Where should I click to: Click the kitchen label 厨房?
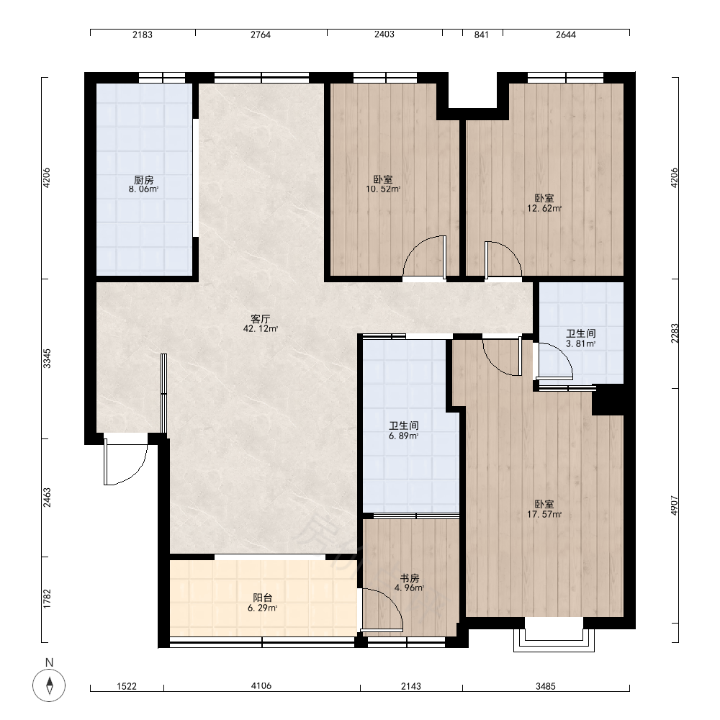[x=143, y=180]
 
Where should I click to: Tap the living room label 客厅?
[x=261, y=319]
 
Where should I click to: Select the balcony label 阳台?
[x=263, y=598]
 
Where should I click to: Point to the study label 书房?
[x=409, y=577]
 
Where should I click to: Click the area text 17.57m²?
[x=544, y=514]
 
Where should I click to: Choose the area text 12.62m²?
[x=544, y=209]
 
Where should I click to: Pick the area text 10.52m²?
[x=383, y=189]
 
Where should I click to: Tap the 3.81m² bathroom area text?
[x=581, y=343]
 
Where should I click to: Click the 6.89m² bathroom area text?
[x=404, y=436]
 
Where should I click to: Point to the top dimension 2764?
[x=261, y=35]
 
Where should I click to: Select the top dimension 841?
[x=481, y=35]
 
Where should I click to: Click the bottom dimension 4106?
[x=261, y=686]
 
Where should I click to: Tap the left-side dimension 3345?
[x=47, y=359]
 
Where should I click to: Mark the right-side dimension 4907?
[x=674, y=505]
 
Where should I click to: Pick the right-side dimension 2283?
[x=674, y=333]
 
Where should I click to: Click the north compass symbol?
[x=49, y=685]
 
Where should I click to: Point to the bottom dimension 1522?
[x=127, y=686]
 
